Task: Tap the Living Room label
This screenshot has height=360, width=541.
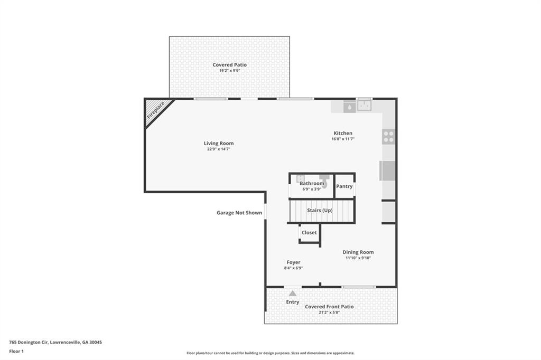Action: click(219, 143)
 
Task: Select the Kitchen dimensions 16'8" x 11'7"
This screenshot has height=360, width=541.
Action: click(342, 139)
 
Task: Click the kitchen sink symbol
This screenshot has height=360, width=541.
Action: click(364, 106)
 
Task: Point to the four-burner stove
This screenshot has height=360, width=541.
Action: click(388, 137)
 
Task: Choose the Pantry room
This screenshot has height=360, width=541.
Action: click(344, 186)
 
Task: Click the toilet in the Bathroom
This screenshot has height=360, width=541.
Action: click(324, 182)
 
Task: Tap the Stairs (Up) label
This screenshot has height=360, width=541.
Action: click(320, 210)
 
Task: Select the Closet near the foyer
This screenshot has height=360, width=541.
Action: click(309, 232)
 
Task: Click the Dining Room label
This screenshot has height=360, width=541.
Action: click(359, 252)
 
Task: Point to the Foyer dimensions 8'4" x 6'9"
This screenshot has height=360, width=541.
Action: click(293, 268)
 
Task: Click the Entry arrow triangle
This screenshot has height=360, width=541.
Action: click(292, 293)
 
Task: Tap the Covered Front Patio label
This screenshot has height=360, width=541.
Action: click(329, 307)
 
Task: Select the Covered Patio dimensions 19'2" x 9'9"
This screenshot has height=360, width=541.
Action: click(229, 71)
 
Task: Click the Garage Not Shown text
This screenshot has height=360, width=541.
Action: click(239, 213)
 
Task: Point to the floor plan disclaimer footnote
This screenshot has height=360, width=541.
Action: click(270, 353)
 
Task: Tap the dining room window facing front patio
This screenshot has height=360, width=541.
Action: click(359, 287)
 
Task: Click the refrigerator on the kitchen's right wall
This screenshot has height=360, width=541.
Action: click(388, 171)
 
